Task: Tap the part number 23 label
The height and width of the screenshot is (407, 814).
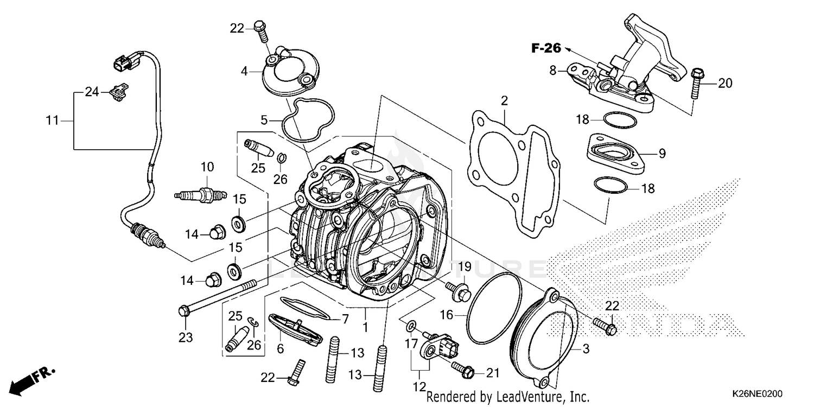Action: pos(186,338)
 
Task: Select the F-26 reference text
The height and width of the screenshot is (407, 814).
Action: pos(545,48)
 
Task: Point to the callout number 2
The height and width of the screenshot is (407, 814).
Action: pos(504,100)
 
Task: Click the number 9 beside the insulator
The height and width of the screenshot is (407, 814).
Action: pos(662,154)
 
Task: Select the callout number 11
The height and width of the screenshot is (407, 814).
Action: pos(52,120)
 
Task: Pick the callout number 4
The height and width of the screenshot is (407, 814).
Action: pos(244,71)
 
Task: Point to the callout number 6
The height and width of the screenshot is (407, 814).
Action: pos(280,349)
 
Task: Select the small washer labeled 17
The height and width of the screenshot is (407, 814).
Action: pos(411,325)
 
